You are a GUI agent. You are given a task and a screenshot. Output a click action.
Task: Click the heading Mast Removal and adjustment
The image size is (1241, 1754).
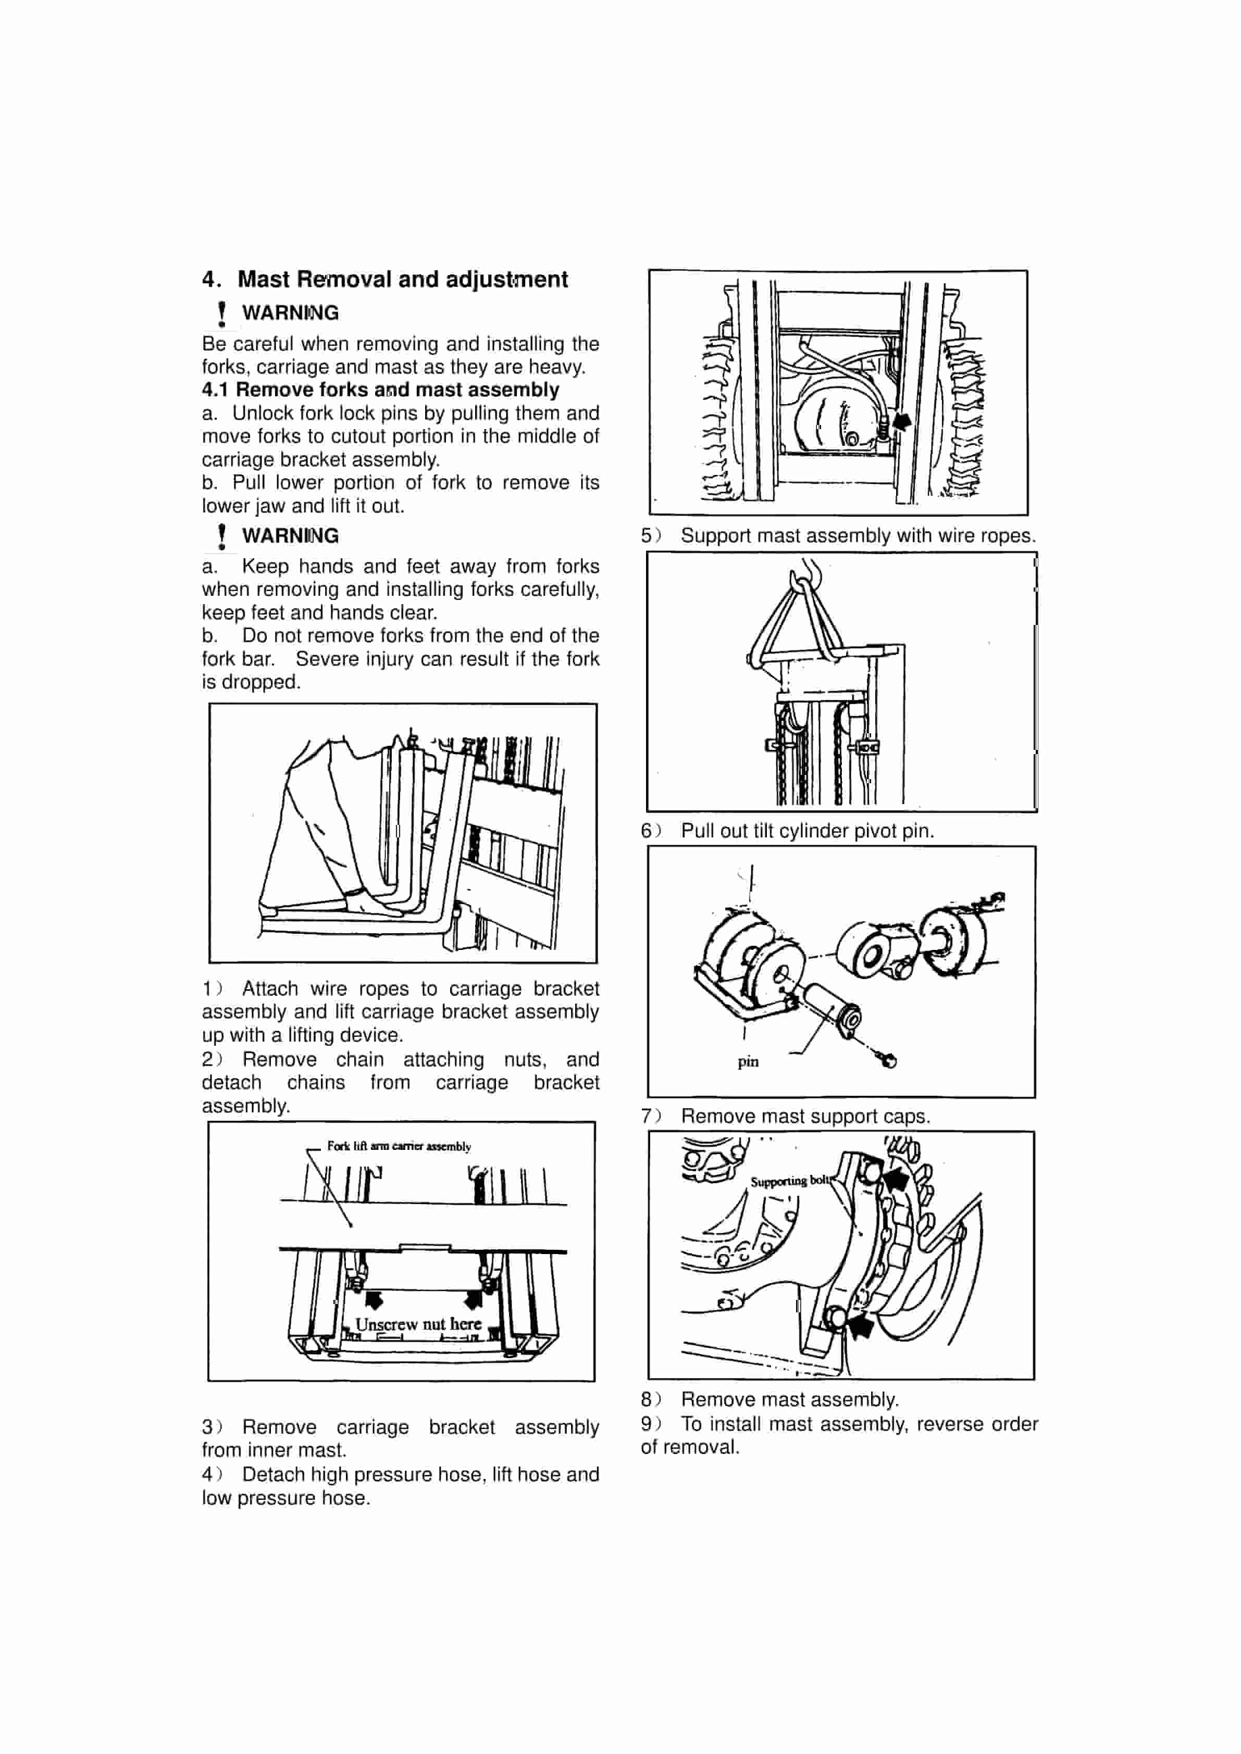402,280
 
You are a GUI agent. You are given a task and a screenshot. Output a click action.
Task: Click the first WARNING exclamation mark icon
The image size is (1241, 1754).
221,313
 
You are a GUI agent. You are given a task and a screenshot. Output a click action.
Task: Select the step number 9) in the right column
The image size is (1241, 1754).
650,1424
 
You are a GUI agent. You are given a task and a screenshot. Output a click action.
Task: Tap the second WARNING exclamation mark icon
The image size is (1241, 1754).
221,536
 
